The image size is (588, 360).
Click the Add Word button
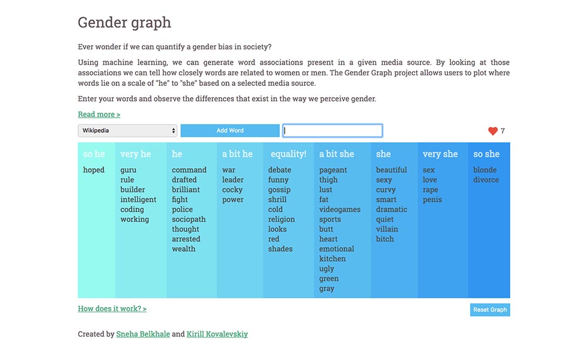pyautogui.click(x=230, y=131)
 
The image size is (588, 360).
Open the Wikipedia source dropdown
pyautogui.click(x=128, y=131)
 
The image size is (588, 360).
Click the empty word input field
pyautogui.click(x=332, y=131)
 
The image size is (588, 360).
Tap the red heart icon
pyautogui.click(x=493, y=131)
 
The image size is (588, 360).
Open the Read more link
pyautogui.click(x=99, y=114)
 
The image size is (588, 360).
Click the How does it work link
pyautogui.click(x=112, y=309)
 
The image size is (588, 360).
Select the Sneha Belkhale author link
pyautogui.click(x=143, y=334)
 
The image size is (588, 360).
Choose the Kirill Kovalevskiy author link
pyautogui.click(x=217, y=334)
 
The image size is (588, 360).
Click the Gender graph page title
pyautogui.click(x=125, y=22)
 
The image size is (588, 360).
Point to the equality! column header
pyautogui.click(x=288, y=154)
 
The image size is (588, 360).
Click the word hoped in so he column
pyautogui.click(x=93, y=170)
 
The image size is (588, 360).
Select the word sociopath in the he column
pyautogui.click(x=189, y=219)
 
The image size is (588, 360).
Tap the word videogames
pyautogui.click(x=340, y=209)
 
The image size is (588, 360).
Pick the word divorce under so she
pyautogui.click(x=486, y=179)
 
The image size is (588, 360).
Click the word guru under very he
pyautogui.click(x=128, y=170)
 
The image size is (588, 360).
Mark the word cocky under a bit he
pyautogui.click(x=232, y=190)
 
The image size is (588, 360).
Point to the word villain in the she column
pyautogui.click(x=387, y=229)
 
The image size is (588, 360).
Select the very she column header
pyautogui.click(x=440, y=154)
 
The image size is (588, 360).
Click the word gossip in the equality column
pyautogui.click(x=279, y=190)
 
